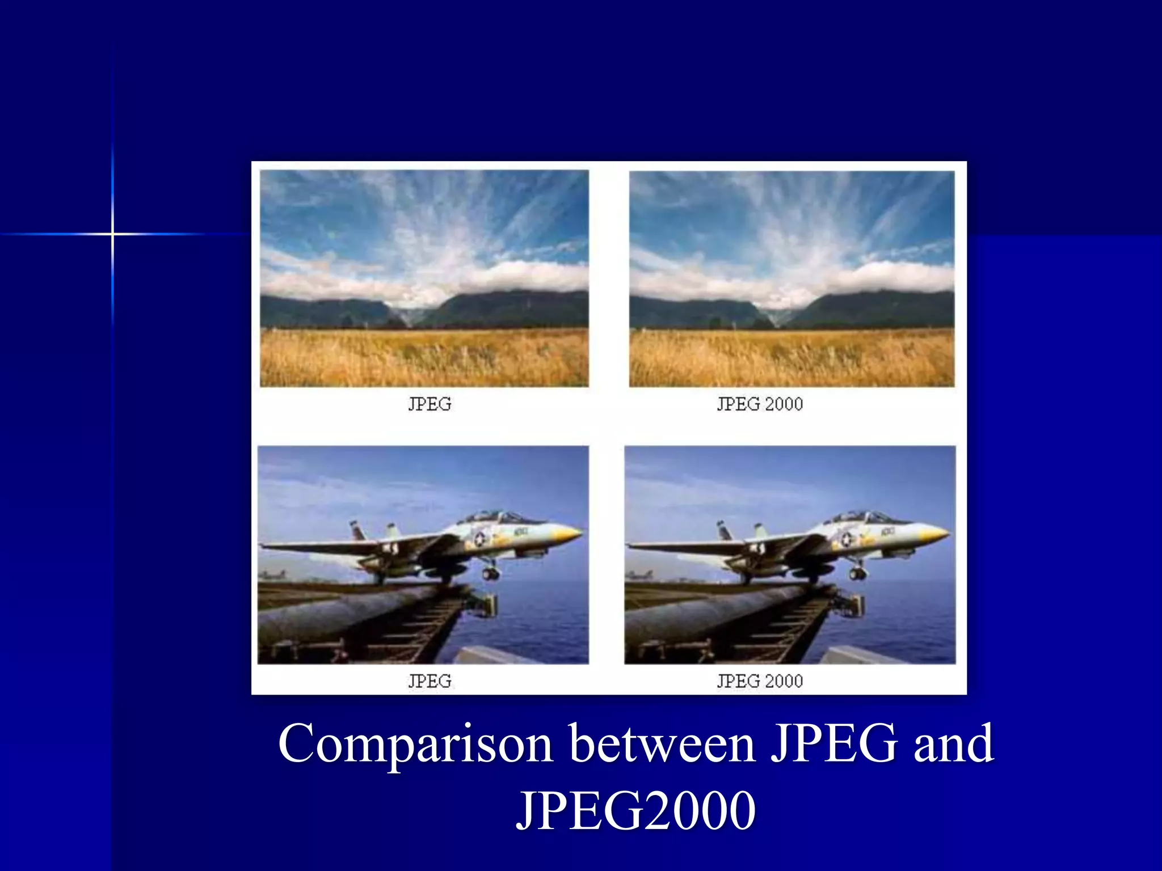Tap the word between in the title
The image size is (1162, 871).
click(x=662, y=743)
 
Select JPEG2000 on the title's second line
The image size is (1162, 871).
click(x=635, y=810)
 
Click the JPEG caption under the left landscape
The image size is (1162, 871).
click(x=430, y=404)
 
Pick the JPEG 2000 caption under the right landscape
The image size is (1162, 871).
click(x=760, y=404)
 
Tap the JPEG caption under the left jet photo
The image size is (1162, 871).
click(x=430, y=681)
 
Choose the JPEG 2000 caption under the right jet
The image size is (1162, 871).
click(x=760, y=681)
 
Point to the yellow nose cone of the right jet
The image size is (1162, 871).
click(x=936, y=533)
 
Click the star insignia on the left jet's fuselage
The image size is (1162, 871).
click(x=481, y=538)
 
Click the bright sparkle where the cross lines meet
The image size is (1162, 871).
click(x=112, y=234)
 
